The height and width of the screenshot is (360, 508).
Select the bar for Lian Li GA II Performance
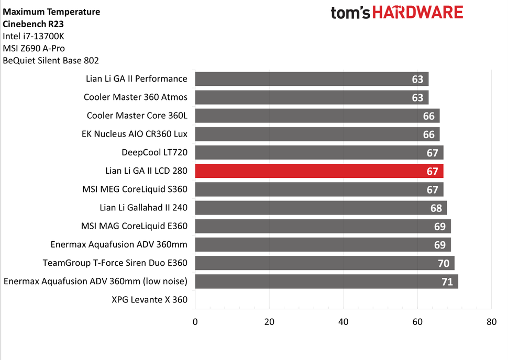[312, 79]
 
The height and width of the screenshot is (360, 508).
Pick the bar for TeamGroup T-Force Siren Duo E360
[325, 263]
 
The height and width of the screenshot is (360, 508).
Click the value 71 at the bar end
[447, 282]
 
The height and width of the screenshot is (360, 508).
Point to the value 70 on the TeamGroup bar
[443, 263]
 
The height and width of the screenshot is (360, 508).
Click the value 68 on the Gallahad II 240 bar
[436, 208]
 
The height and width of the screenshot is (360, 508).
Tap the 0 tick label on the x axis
[195, 321]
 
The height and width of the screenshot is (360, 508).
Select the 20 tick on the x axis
[269, 321]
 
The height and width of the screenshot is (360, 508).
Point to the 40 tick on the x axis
[343, 321]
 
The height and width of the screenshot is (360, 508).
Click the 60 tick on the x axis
[417, 321]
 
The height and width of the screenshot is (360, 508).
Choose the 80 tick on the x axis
[491, 321]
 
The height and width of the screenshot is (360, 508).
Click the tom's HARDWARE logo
[396, 13]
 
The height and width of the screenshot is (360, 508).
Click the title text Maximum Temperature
[51, 12]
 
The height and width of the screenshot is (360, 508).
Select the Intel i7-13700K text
[34, 36]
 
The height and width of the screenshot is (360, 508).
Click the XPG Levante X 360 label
[149, 300]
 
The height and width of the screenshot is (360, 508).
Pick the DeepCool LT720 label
[154, 152]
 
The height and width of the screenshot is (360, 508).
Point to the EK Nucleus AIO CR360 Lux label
[135, 134]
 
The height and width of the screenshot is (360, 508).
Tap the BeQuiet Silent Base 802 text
[51, 60]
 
